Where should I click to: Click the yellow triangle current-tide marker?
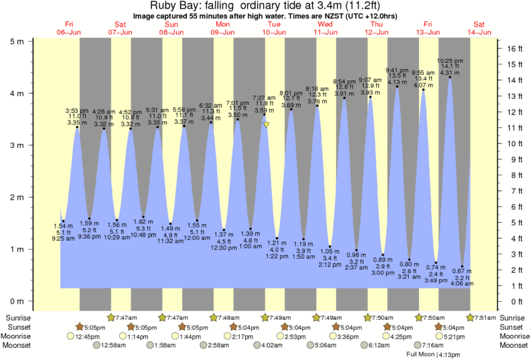point(267,125)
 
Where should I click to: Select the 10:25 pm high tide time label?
point(449,60)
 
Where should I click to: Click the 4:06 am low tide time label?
point(462,284)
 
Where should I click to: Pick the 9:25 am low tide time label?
point(62,238)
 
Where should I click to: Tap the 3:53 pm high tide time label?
point(77,110)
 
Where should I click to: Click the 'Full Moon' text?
point(420,354)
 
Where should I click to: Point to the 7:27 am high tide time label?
point(264,98)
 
